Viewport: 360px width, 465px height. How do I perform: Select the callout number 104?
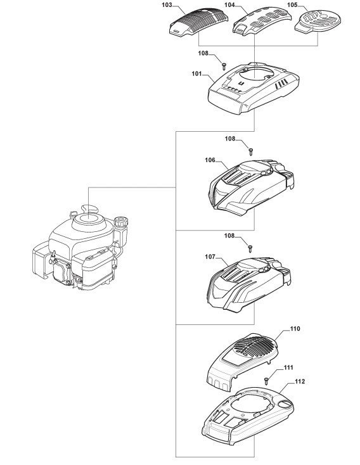229,5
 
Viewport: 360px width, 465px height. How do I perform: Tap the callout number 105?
292,5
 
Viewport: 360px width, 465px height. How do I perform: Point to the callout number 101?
196,73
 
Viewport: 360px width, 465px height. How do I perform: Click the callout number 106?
210,160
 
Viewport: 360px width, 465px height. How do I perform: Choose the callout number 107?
210,257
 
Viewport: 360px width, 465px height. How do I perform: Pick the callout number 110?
295,329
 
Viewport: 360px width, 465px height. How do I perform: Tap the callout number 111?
288,367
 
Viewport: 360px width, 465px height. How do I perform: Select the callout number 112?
300,381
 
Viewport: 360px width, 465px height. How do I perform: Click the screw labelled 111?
266,380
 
